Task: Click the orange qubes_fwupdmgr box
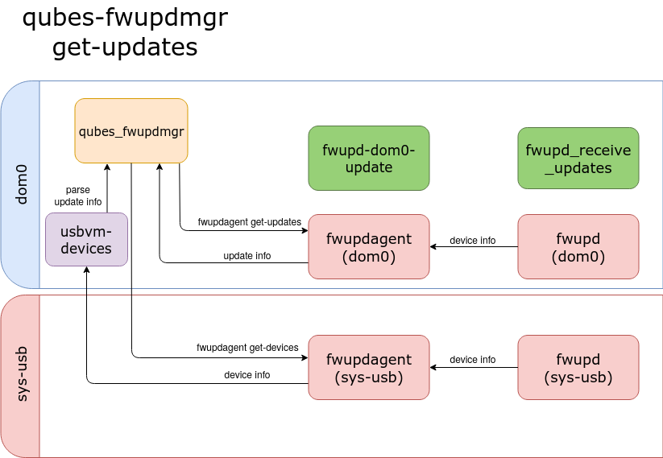[x=131, y=130]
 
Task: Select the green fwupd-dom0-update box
[x=368, y=158]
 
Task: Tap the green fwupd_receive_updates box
[x=578, y=158]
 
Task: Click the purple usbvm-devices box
[x=86, y=240]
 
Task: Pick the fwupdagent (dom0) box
[x=368, y=247]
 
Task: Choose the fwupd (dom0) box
[x=578, y=247]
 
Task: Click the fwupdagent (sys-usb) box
[x=368, y=368]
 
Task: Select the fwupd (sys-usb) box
[x=578, y=368]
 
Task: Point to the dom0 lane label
[x=21, y=184]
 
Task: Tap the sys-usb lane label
[x=21, y=374]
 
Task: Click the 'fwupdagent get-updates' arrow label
[x=249, y=221]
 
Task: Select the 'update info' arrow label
[x=247, y=256]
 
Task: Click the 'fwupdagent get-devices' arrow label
[x=247, y=348]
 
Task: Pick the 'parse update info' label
[x=77, y=196]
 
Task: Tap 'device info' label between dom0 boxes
[x=472, y=241]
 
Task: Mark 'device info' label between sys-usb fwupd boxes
[x=472, y=360]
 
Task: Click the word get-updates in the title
[x=125, y=47]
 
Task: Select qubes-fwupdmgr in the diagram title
[x=125, y=17]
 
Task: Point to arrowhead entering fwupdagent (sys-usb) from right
[x=433, y=368]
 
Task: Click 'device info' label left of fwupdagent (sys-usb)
[x=247, y=375]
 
